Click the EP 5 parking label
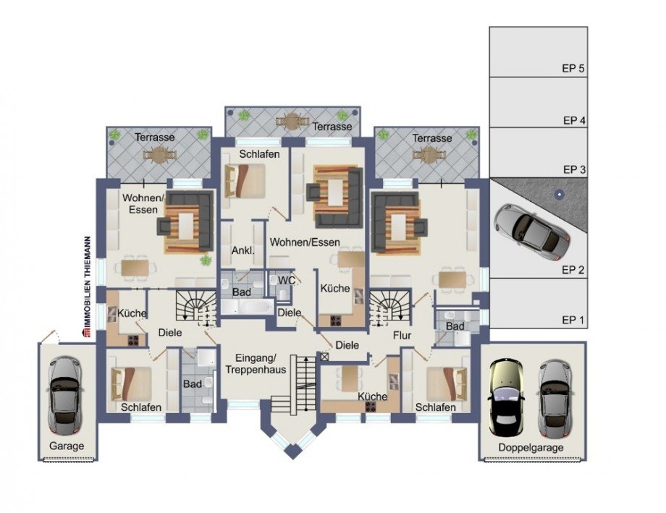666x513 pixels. (x=572, y=69)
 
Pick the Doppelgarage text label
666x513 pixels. (x=532, y=447)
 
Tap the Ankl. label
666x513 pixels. (x=241, y=250)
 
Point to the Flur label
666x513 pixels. (x=402, y=336)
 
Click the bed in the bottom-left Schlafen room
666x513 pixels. (x=130, y=383)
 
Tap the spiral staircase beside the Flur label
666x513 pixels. (x=389, y=308)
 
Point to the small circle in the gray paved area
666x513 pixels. (x=559, y=194)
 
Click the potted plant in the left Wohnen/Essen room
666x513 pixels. (x=206, y=260)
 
